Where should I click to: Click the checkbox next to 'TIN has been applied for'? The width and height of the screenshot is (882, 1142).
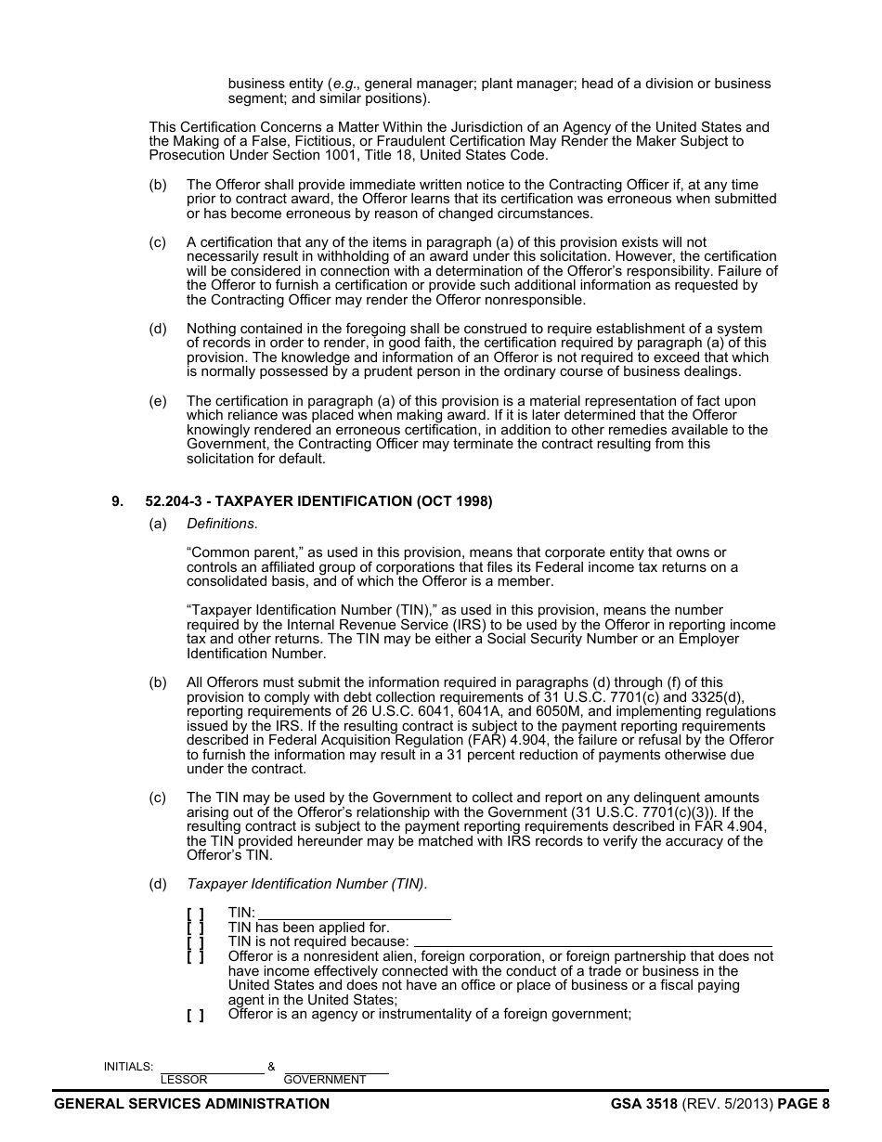click(x=195, y=928)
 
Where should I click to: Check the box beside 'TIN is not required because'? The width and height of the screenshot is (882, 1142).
click(x=195, y=941)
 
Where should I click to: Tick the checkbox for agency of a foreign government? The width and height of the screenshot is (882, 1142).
click(x=195, y=1015)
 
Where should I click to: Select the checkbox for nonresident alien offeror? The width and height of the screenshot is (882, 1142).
click(x=195, y=956)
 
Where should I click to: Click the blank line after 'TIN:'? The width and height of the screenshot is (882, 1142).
click(x=354, y=915)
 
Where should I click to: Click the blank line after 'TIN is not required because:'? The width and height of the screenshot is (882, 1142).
click(x=592, y=941)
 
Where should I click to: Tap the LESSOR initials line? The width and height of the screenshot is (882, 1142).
click(x=212, y=1069)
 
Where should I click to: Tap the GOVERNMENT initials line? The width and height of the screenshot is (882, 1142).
click(x=335, y=1069)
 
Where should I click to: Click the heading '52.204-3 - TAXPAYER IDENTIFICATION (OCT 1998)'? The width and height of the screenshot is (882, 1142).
click(x=318, y=501)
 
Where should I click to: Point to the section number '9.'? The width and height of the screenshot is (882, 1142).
click(x=117, y=501)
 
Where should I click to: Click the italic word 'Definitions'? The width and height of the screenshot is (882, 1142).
click(x=221, y=524)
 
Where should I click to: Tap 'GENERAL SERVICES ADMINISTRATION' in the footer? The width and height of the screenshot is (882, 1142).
click(x=192, y=1104)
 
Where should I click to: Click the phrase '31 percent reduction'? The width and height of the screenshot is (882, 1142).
click(x=476, y=755)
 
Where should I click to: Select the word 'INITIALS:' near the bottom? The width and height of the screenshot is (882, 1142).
click(x=128, y=1067)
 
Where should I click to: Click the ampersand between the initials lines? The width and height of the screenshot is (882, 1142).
click(x=271, y=1067)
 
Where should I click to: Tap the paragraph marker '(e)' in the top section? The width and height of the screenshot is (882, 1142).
click(x=158, y=401)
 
